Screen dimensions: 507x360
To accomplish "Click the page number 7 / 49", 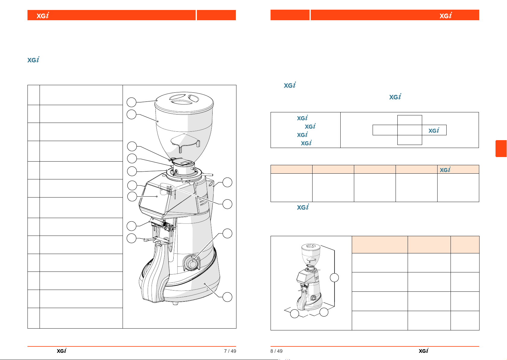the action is click(230, 351).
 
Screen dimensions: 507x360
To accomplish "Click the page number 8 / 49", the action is click(276, 351).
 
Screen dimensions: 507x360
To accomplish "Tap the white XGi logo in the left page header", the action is click(43, 15).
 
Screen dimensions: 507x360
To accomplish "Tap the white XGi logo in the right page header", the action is click(446, 15).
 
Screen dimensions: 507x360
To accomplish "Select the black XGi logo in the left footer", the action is click(62, 351).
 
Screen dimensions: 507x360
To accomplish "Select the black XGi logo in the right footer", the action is click(423, 351).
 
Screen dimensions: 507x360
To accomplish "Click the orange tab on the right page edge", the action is click(501, 149).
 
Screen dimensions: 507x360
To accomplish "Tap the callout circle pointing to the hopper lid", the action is click(131, 102).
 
